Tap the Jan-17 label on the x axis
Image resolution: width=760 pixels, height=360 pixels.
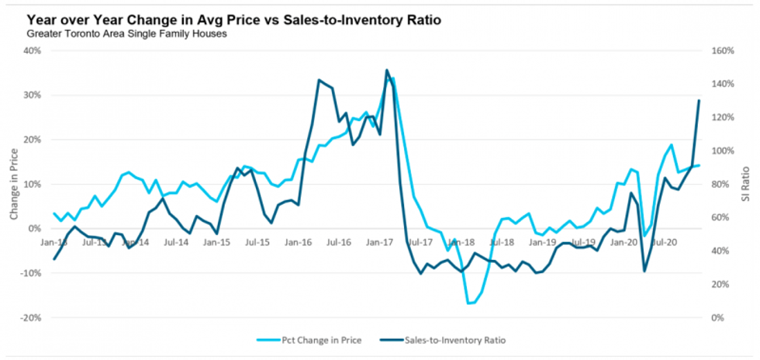tap(378, 242)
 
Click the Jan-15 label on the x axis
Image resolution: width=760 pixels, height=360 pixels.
tap(216, 242)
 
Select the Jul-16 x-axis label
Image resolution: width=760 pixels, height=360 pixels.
tap(338, 242)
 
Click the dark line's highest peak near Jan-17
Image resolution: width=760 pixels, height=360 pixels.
tap(386, 70)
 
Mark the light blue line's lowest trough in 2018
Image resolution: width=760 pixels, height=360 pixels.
tap(468, 303)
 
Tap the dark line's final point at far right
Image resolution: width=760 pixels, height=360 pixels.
tap(699, 100)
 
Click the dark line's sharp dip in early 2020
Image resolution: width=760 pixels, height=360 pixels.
tap(644, 271)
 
